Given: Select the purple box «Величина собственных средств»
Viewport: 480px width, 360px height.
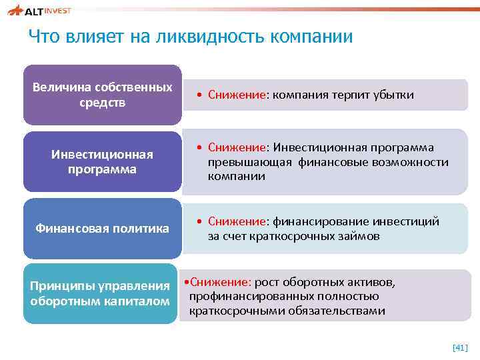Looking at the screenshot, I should point(102,95).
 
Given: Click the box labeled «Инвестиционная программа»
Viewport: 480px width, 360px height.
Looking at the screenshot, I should point(102,161).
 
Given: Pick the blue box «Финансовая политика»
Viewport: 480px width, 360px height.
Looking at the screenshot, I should point(102,229).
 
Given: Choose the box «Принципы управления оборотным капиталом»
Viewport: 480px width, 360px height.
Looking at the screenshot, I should point(101,293).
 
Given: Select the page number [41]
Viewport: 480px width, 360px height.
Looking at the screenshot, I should point(460,347).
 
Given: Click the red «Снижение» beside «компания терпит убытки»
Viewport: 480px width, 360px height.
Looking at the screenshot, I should point(237,95).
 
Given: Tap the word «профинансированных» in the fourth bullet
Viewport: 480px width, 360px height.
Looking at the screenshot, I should point(243,296).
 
